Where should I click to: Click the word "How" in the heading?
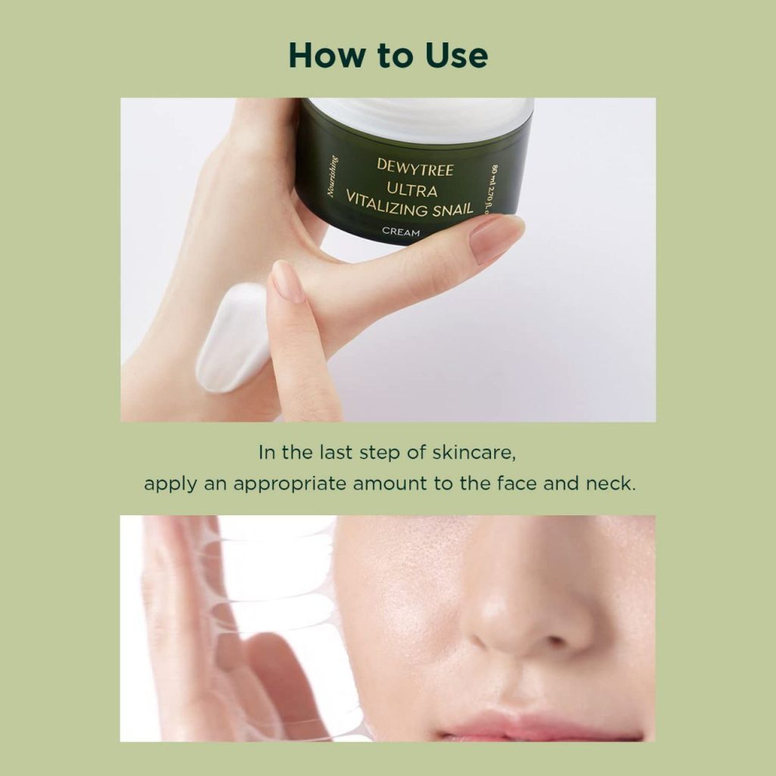tap(326, 55)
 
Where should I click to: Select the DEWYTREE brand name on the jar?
tap(415, 167)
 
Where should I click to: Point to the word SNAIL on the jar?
tap(452, 210)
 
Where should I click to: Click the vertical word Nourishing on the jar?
tap(332, 176)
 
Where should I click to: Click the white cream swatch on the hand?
tap(233, 338)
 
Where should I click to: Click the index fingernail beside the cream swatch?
tap(287, 281)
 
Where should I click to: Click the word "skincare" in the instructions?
tap(474, 452)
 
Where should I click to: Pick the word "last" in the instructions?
tap(336, 452)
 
